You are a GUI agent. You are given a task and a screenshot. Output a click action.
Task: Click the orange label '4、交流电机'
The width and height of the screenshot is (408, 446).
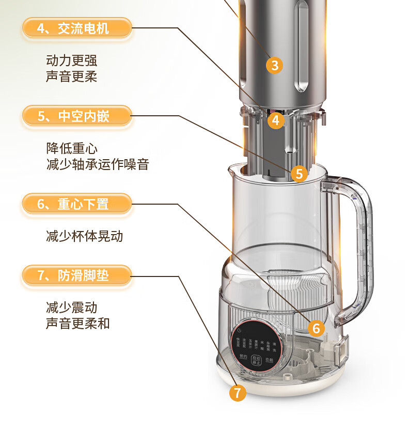click(76, 28)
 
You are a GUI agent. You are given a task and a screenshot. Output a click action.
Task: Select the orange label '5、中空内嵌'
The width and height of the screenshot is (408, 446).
click(76, 116)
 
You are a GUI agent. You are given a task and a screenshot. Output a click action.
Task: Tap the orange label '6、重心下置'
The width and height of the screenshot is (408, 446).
click(76, 204)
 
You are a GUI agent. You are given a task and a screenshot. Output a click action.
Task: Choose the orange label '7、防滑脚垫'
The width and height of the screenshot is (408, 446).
click(76, 275)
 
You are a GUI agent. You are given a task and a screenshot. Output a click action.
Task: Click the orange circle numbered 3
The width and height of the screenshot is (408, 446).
click(274, 65)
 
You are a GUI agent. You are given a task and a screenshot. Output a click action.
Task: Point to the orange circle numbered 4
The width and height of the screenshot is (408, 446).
click(276, 120)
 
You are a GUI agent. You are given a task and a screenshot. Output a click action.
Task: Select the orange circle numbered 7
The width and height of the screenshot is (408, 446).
click(238, 392)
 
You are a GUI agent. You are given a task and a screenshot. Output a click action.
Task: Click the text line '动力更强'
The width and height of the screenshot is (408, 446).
click(71, 60)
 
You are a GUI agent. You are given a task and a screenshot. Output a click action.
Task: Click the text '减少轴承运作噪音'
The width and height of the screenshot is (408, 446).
click(97, 164)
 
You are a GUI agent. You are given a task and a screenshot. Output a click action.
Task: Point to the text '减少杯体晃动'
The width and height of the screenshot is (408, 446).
click(84, 236)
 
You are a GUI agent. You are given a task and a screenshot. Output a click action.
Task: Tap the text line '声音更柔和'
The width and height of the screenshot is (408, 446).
click(77, 324)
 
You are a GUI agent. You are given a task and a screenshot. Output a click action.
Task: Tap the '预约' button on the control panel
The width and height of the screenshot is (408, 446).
click(243, 357)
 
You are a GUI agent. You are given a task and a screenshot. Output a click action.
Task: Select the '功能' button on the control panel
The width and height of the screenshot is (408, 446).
click(269, 360)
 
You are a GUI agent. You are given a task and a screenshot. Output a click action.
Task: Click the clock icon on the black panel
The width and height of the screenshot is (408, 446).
click(239, 331)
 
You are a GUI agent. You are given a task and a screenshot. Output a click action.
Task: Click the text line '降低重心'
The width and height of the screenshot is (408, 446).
click(71, 148)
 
